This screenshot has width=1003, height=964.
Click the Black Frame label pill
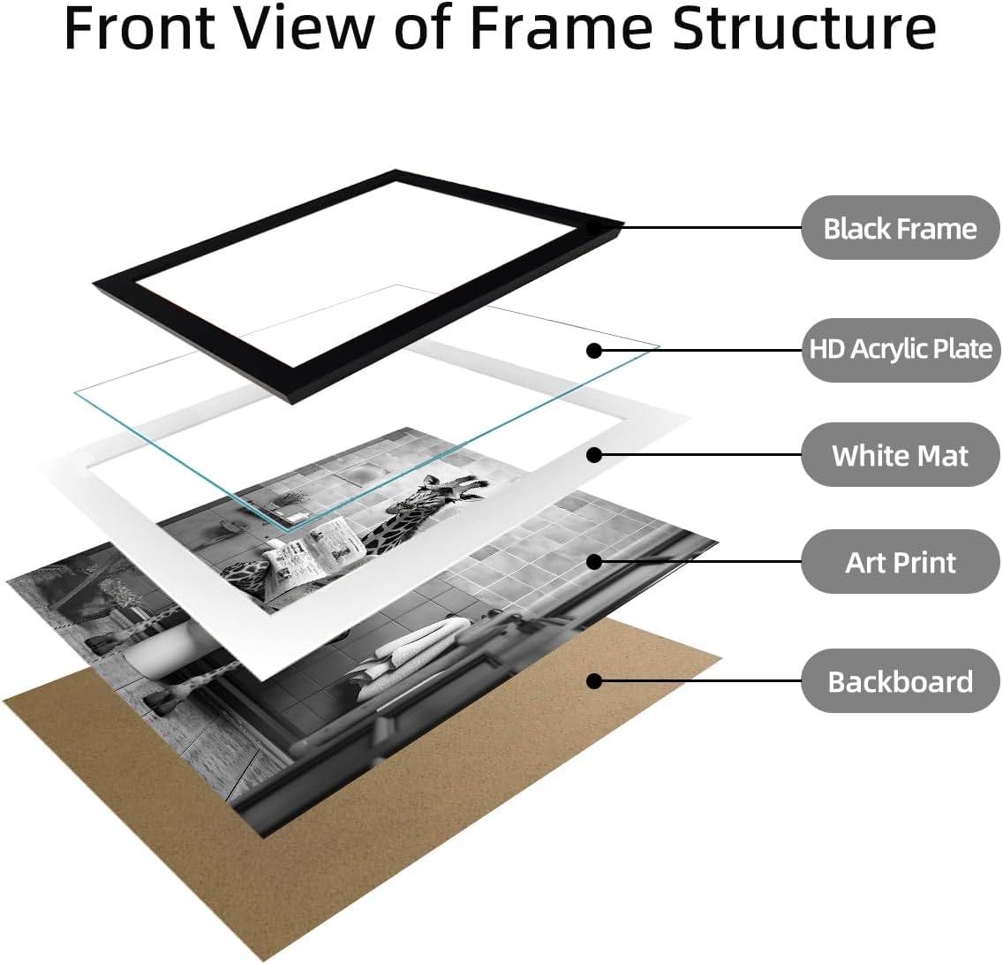click(900, 228)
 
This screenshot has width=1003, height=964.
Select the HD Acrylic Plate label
click(900, 350)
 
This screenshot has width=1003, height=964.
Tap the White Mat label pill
click(900, 455)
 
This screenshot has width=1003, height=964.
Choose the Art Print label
click(900, 562)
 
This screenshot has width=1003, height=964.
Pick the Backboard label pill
click(900, 681)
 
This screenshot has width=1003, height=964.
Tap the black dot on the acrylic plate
click(594, 350)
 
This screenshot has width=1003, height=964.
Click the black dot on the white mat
click(594, 455)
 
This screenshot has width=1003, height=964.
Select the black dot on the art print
click(594, 562)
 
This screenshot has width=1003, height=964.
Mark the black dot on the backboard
click(594, 681)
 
